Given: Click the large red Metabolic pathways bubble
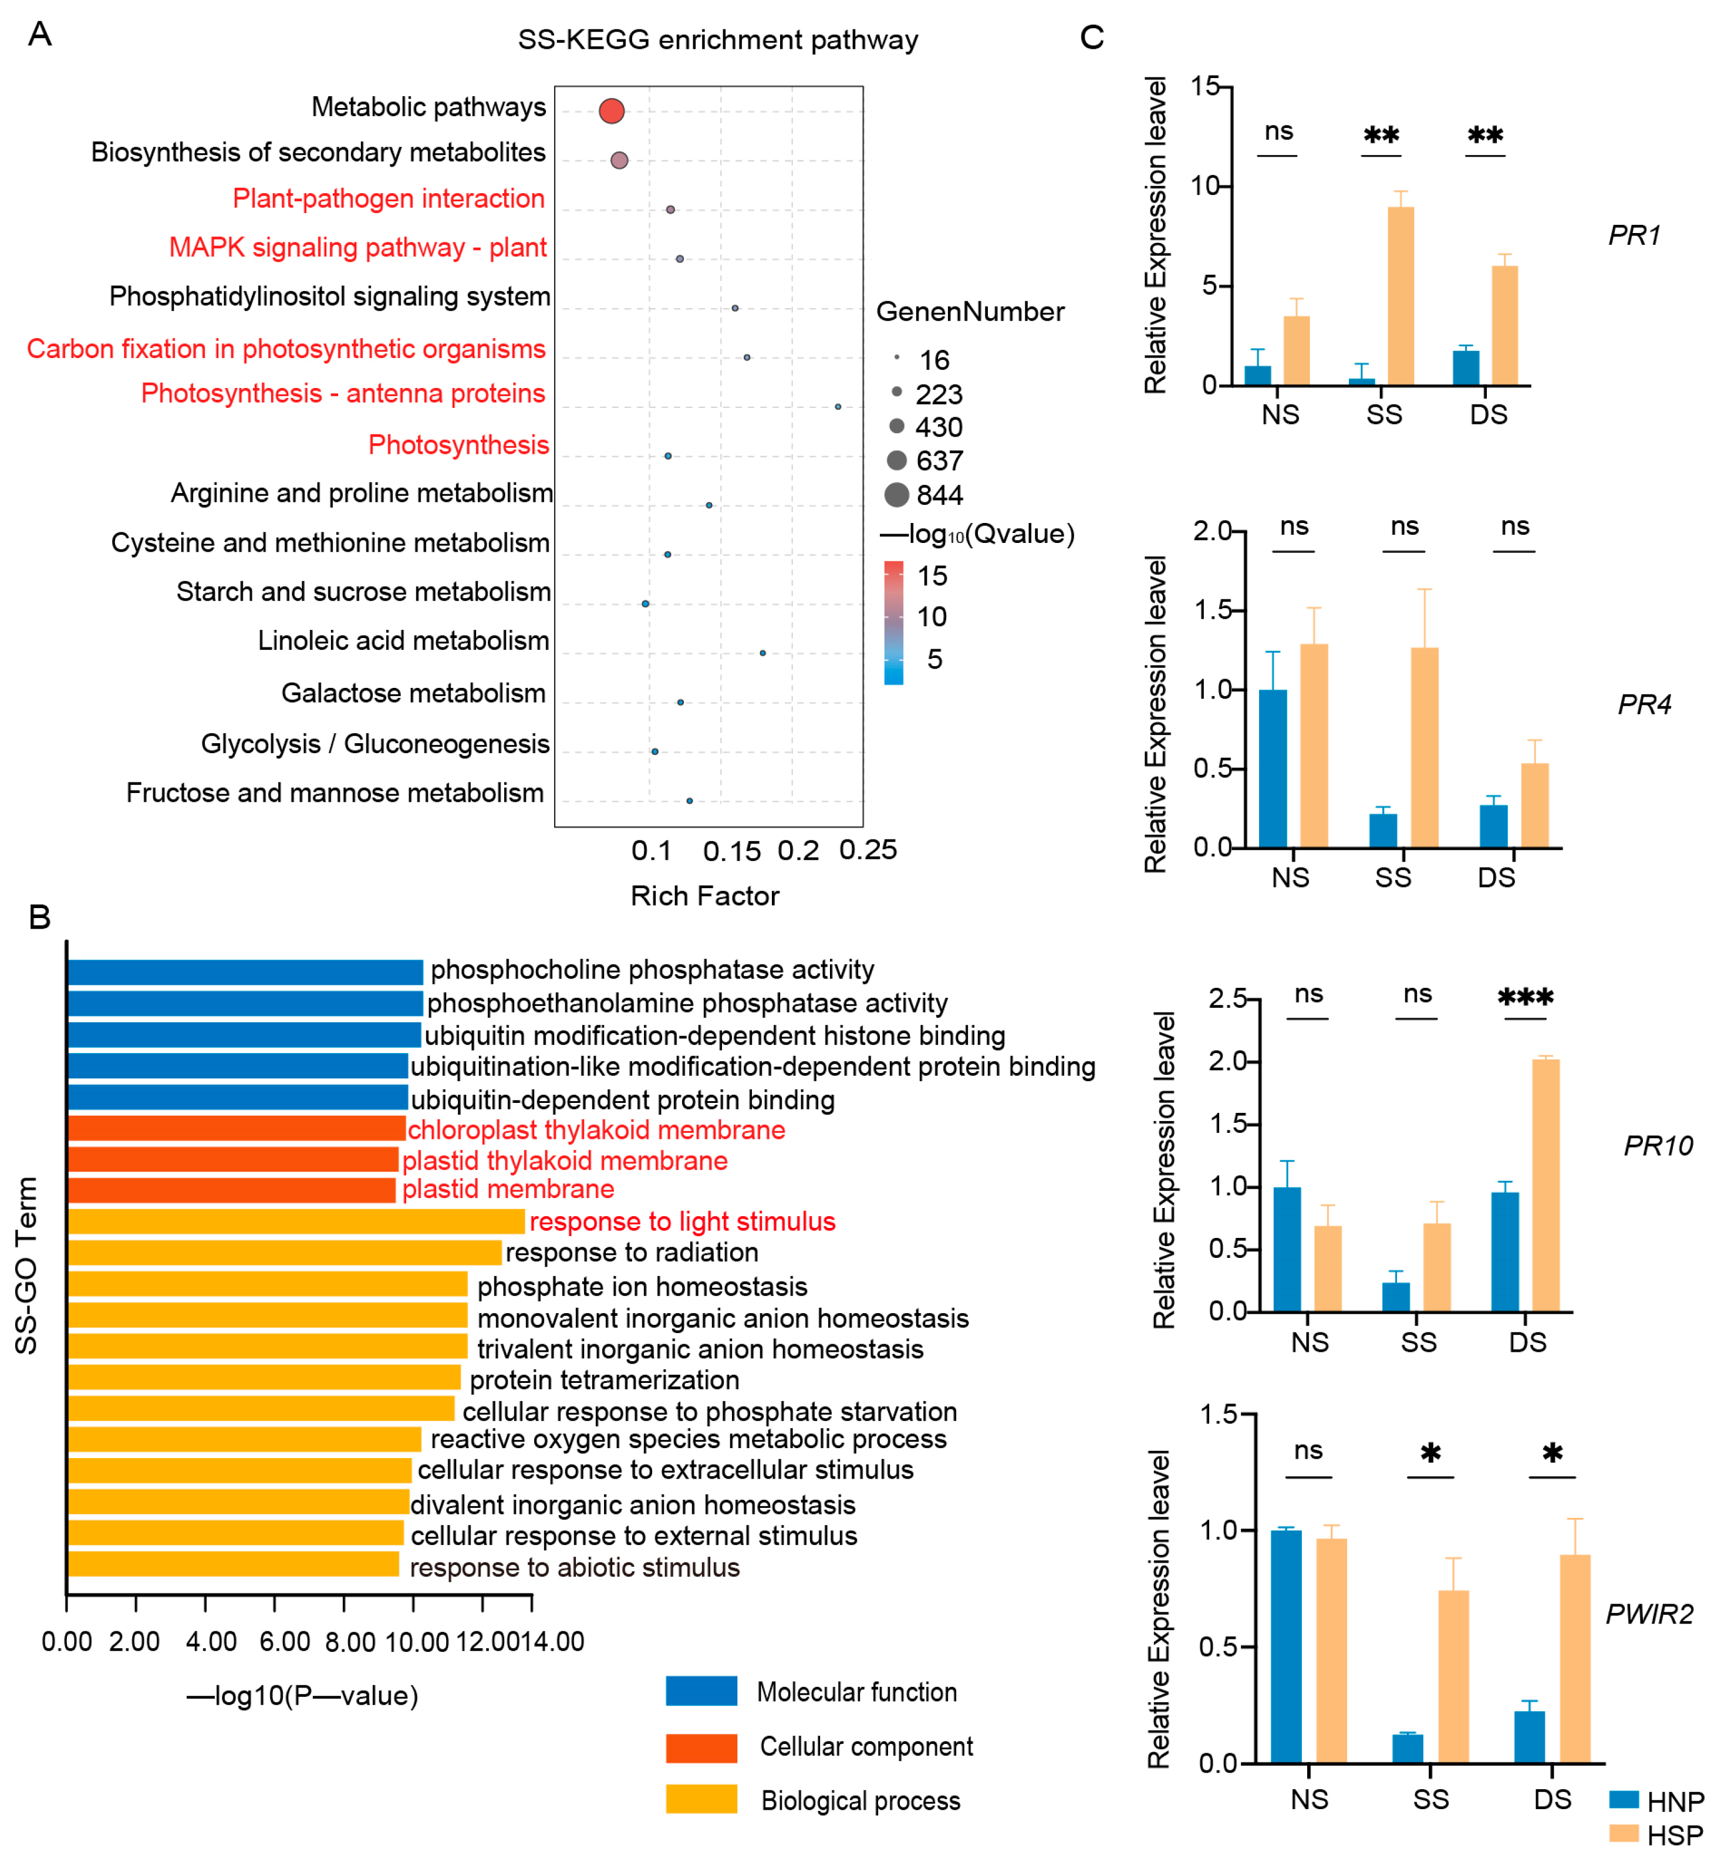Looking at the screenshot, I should click(611, 111).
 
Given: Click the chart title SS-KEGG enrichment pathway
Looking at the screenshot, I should click(717, 40).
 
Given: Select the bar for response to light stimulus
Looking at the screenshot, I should click(296, 1221).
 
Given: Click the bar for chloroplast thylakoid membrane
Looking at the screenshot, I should click(237, 1129).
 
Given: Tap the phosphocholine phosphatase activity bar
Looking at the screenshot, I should click(245, 971).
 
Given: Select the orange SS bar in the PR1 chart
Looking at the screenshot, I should click(1400, 295).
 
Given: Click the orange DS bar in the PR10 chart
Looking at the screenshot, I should click(1545, 1185).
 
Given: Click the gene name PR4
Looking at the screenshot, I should click(1644, 704).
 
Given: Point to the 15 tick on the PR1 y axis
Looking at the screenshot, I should click(1205, 87).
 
